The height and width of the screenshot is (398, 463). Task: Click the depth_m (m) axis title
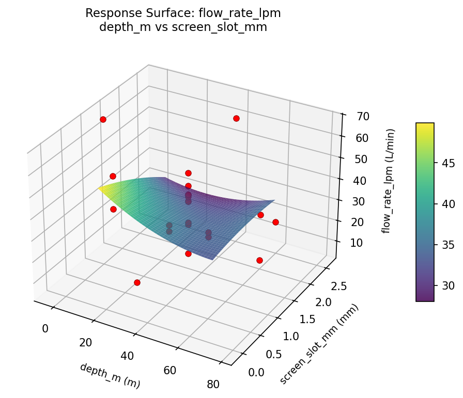[x=110, y=375]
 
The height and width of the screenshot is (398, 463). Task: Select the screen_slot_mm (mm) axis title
[x=319, y=344]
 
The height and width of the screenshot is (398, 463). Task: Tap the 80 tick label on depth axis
[x=212, y=384]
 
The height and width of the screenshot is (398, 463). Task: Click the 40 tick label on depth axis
[x=127, y=356]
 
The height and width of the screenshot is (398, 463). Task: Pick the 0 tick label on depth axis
[x=45, y=328]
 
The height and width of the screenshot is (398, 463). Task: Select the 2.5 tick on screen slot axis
[x=339, y=285]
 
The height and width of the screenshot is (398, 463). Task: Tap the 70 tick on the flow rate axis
[x=362, y=117]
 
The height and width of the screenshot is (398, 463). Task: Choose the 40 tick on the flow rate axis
[x=360, y=180]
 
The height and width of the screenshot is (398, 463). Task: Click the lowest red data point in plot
[x=137, y=282]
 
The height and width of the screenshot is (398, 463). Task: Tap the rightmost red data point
[x=275, y=222]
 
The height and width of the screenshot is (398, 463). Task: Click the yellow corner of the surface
[x=100, y=189]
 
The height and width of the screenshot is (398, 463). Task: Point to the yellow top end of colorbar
[x=425, y=125]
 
